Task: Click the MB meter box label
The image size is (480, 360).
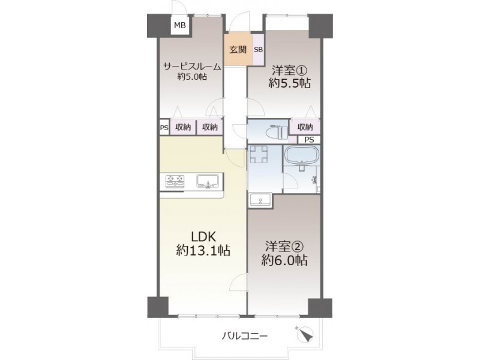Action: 179,25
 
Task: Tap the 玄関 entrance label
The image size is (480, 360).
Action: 238,50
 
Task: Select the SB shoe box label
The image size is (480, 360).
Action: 258,50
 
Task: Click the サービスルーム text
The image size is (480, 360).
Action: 192,67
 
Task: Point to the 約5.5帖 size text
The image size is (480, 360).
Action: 289,83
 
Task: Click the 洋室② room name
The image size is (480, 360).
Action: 284,246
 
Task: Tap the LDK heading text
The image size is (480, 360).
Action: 203,236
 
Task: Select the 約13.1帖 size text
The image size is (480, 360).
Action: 203,251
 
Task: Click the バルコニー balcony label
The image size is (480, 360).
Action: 245,336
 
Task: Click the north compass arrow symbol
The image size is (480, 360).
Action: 305,335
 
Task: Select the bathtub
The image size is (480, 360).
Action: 302,155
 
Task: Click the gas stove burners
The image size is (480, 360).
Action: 175,181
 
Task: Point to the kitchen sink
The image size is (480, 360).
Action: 208,181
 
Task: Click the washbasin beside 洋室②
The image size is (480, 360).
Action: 260,200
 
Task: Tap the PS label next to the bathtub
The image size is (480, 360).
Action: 309,140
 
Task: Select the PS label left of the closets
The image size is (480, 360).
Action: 164,127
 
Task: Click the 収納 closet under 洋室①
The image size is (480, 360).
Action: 305,127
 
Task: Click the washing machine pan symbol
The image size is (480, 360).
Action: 258,155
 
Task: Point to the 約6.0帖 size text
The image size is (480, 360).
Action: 284,260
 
